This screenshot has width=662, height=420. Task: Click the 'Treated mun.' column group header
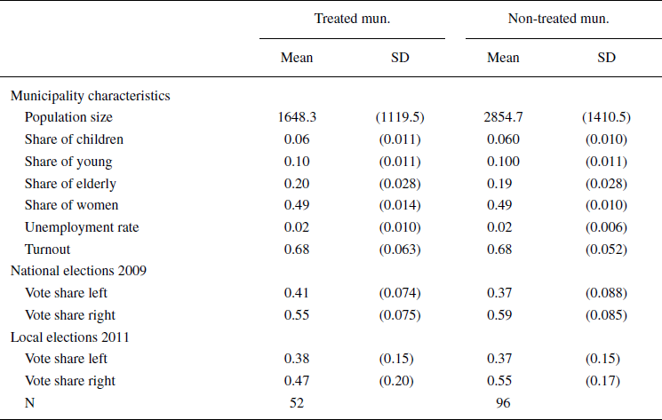pyautogui.click(x=352, y=19)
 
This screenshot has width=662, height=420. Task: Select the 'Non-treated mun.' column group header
pyautogui.click(x=558, y=19)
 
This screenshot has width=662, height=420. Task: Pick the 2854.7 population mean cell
pyautogui.click(x=503, y=116)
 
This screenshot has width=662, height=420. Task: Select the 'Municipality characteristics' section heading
pyautogui.click(x=91, y=94)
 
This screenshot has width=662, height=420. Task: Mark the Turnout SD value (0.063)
pyautogui.click(x=400, y=250)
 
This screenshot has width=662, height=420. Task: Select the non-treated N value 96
pyautogui.click(x=503, y=403)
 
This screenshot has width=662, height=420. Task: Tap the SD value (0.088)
pyautogui.click(x=606, y=293)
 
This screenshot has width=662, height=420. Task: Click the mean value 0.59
pyautogui.click(x=503, y=315)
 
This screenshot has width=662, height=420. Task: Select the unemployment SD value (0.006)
pyautogui.click(x=606, y=227)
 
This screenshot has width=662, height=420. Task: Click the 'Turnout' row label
pyautogui.click(x=48, y=250)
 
